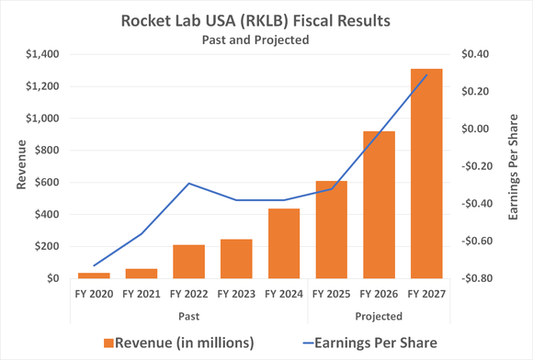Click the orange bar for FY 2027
[425, 174]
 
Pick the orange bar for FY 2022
[189, 262]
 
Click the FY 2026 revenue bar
[379, 205]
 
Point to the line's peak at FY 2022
[189, 184]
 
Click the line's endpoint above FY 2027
[425, 75]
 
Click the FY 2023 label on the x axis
[237, 295]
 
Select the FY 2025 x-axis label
[332, 295]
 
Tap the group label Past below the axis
[189, 315]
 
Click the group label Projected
[379, 315]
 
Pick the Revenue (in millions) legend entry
[179, 343]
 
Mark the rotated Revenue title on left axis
[21, 166]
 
